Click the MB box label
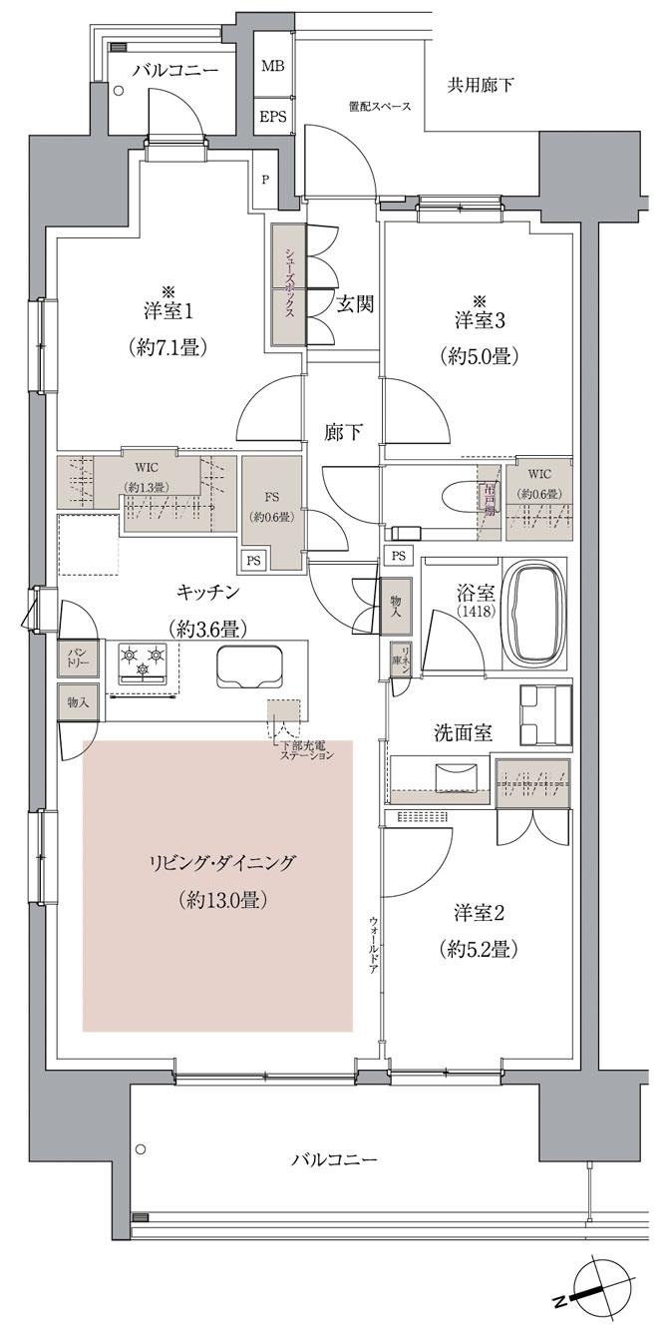[x=271, y=67]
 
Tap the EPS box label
[x=271, y=116]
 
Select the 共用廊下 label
[x=481, y=86]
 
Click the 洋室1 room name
[x=167, y=310]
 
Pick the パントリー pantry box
[x=78, y=658]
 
